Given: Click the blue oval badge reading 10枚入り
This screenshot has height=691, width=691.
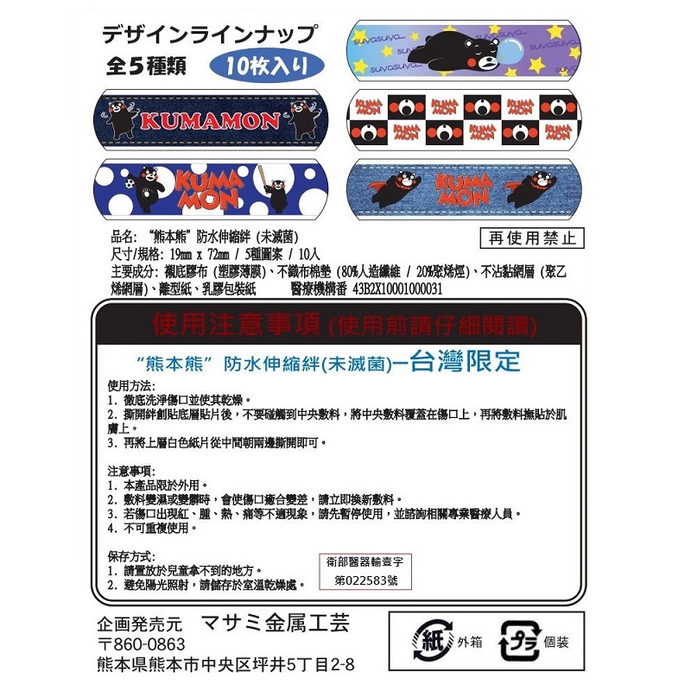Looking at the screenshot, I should (267, 65).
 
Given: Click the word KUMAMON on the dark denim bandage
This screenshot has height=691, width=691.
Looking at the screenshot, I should (211, 119).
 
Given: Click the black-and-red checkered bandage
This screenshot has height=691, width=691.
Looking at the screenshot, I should (463, 117).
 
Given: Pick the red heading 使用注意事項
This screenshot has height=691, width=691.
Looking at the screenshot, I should (239, 325).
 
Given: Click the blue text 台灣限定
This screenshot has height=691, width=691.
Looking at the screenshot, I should (468, 361).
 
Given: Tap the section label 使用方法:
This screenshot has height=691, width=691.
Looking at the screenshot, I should (130, 385).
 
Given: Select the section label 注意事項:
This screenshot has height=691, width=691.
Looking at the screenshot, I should (130, 471).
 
